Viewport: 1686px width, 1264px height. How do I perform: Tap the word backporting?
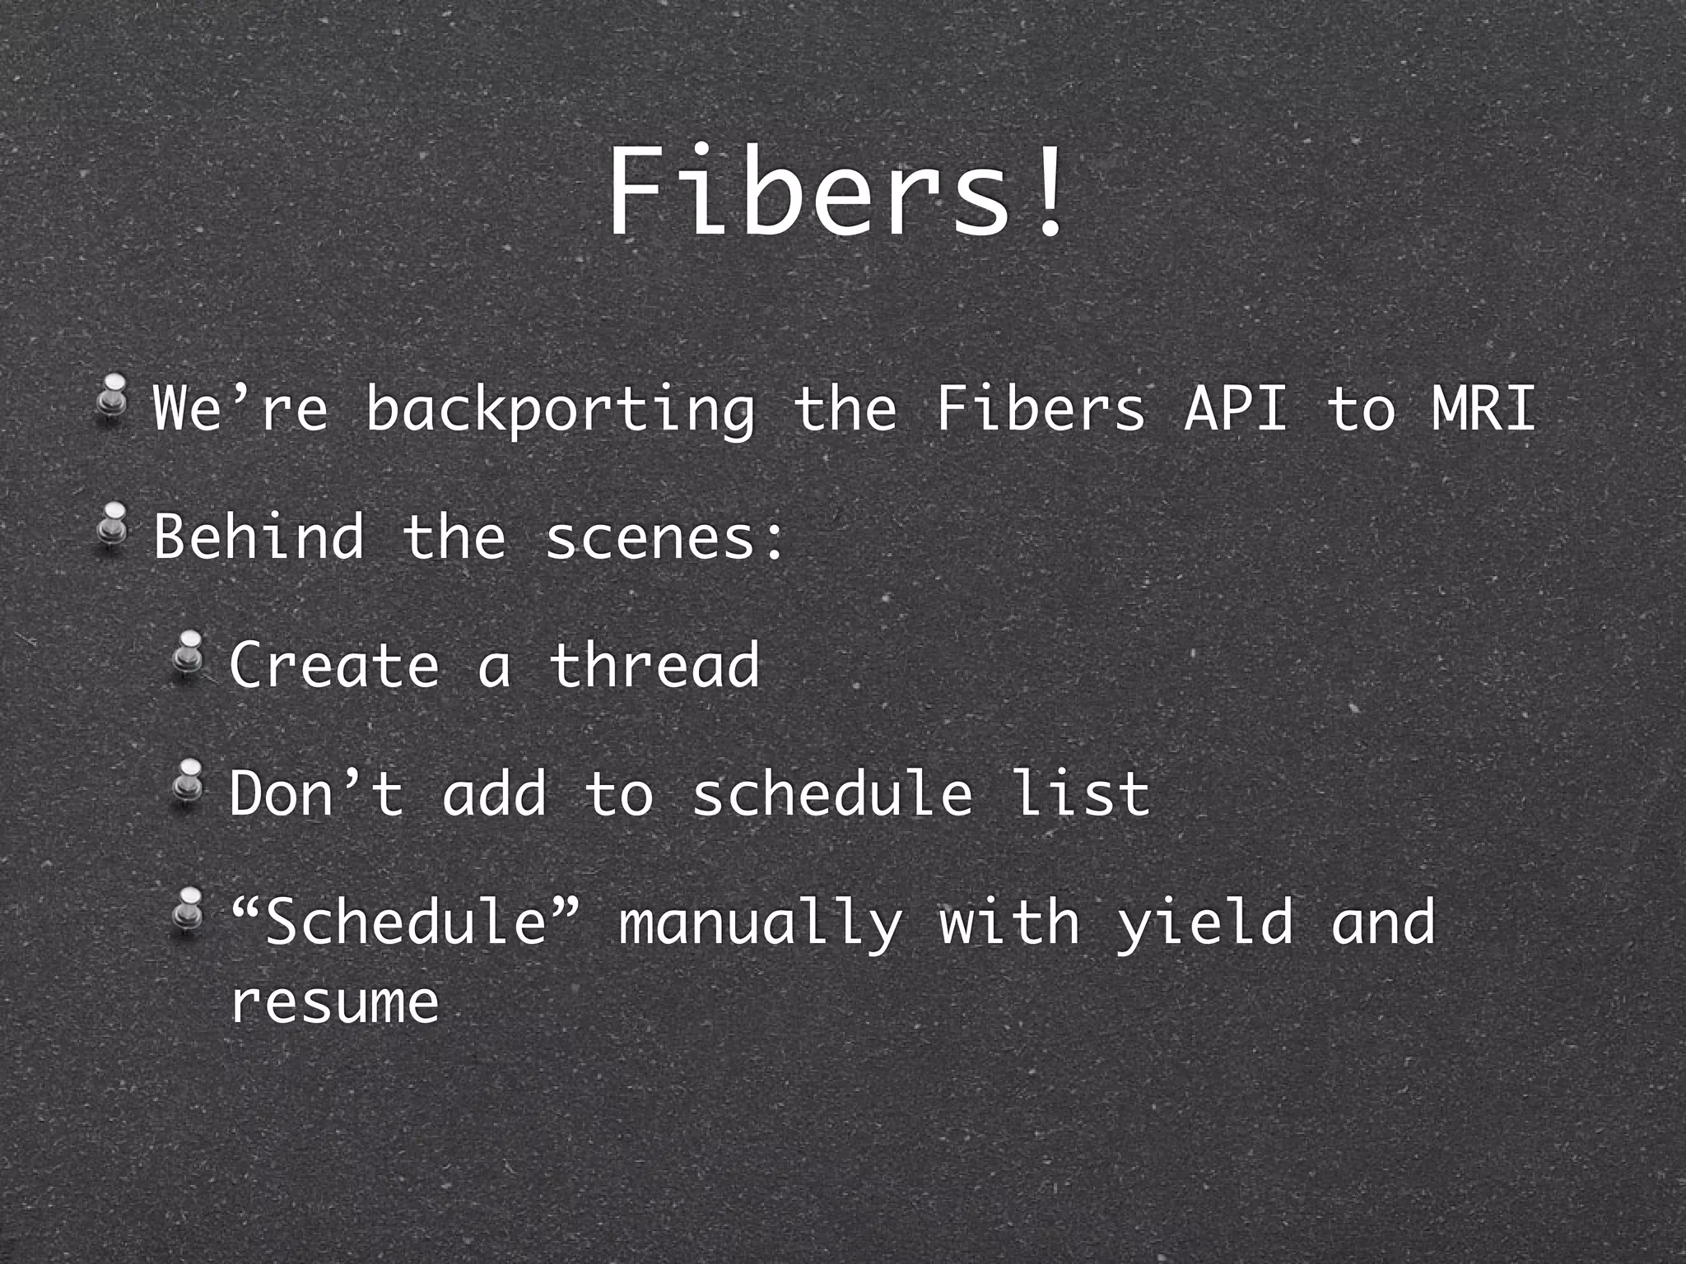[560, 409]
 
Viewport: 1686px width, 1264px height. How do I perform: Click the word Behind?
[258, 536]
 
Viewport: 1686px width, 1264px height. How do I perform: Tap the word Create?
[334, 664]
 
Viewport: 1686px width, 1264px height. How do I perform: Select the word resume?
[334, 1002]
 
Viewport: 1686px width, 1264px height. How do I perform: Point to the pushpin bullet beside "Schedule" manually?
[189, 909]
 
